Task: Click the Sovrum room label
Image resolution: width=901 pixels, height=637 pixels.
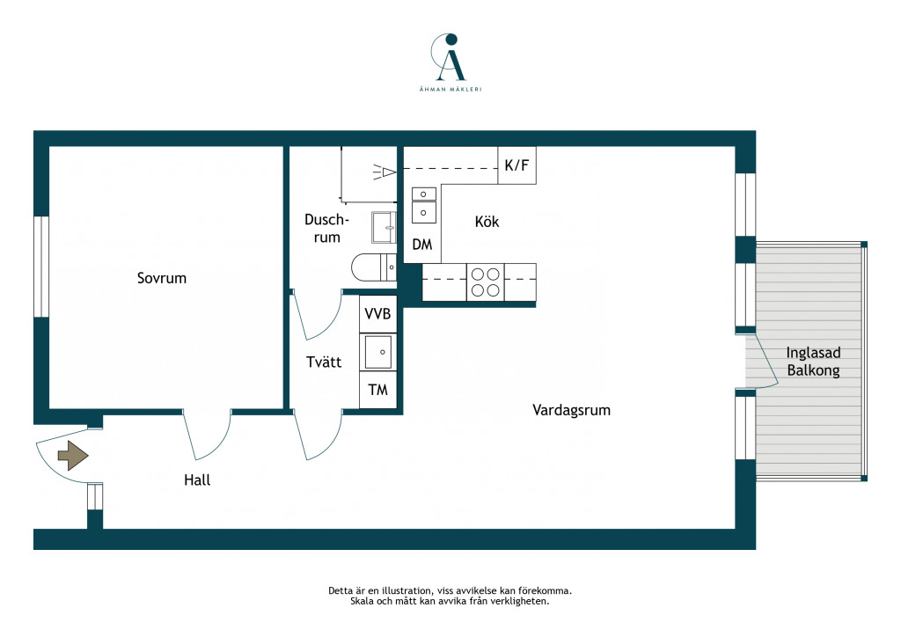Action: pos(162,278)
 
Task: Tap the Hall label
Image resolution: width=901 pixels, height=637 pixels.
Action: pos(197,480)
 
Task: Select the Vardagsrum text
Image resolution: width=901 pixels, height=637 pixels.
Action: pos(571,410)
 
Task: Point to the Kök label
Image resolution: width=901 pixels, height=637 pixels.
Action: pos(487,222)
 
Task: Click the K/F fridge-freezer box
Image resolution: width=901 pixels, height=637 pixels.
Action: pos(516,165)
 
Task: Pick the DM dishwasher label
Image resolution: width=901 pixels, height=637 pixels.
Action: pos(421,245)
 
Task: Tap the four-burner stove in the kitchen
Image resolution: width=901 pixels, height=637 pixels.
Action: pos(486,282)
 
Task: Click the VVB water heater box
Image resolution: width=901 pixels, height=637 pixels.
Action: pos(377,313)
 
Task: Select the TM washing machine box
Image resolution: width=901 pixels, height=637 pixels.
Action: pos(377,390)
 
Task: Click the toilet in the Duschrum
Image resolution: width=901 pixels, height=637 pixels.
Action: pos(373,267)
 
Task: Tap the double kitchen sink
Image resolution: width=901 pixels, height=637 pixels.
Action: pos(423,204)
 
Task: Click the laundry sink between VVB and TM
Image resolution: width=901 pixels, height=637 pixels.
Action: pos(378,352)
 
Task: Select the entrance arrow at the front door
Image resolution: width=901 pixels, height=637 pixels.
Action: pos(73,456)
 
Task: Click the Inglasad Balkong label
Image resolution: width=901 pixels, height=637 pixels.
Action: pos(813,362)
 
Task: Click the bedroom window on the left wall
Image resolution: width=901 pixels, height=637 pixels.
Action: pos(41,267)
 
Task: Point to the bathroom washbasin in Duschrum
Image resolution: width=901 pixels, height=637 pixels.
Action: pos(384,228)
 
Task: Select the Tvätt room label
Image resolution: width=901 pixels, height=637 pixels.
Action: pos(324,362)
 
